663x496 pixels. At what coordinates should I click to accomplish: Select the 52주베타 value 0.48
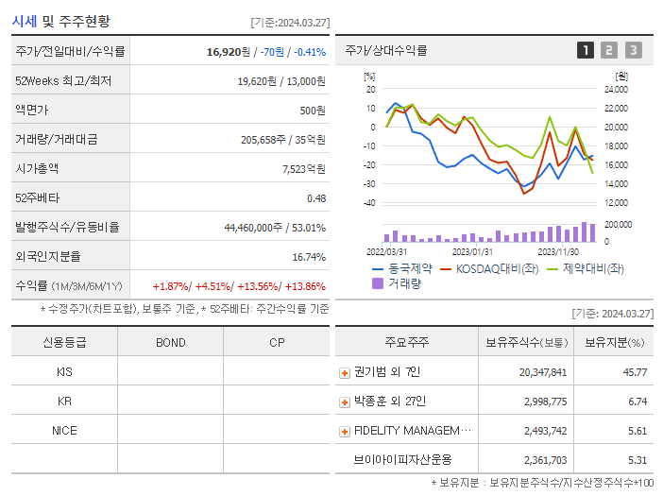coord(315,197)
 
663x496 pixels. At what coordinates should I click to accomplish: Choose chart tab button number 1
coord(586,51)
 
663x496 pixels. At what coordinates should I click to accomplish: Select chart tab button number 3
coord(633,51)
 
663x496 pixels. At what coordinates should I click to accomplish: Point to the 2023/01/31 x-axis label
coord(472,252)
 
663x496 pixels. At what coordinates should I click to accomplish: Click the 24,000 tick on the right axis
coord(615,90)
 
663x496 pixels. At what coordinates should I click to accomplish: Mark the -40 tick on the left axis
coord(369,203)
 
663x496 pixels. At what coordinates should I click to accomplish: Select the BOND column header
coord(170,342)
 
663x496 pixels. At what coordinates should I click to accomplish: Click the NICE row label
coord(64,431)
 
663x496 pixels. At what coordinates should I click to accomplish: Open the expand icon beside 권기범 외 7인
coord(345,372)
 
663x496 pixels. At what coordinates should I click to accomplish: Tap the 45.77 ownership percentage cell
coord(635,372)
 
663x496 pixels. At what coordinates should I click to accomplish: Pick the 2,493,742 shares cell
coord(543,431)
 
